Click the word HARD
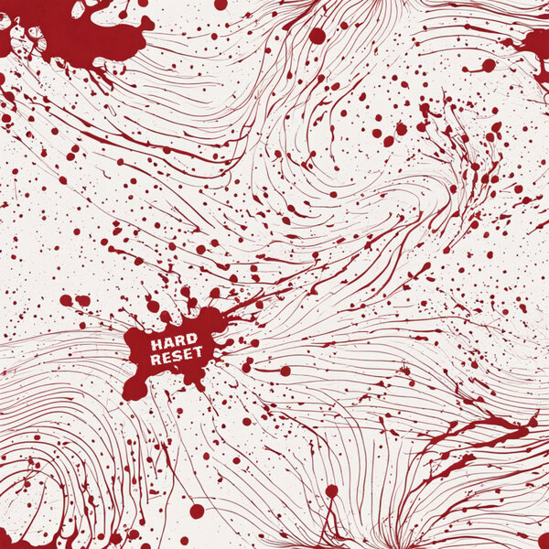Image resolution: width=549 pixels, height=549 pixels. [168, 344]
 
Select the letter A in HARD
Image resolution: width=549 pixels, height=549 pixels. [165, 345]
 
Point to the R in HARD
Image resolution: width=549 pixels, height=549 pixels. [174, 343]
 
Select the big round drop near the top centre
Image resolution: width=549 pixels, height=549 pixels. [317, 36]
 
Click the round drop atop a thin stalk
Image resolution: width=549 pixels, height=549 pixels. [331, 491]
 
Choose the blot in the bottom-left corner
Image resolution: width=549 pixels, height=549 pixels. [11, 538]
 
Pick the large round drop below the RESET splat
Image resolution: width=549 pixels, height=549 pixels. [198, 511]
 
